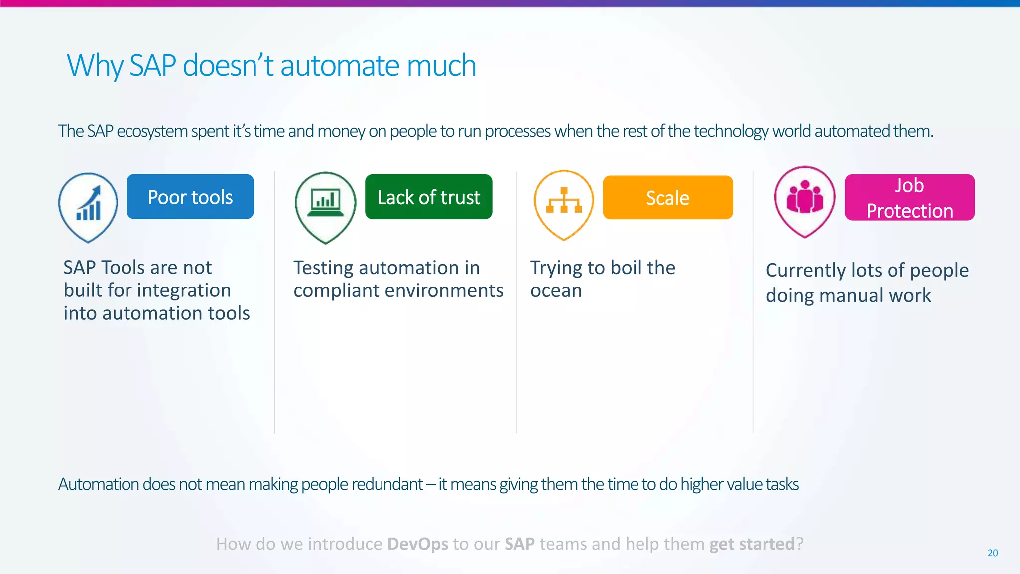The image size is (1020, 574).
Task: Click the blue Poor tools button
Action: point(190,197)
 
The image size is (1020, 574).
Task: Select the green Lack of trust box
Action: point(428,197)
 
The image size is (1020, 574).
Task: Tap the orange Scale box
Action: point(667,198)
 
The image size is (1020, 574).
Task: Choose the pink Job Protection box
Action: point(909,198)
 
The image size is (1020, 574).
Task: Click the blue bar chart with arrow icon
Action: point(89,204)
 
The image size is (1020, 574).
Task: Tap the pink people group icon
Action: point(804,198)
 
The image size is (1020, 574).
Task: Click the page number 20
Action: point(993,553)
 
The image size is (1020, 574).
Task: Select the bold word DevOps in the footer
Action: point(417,544)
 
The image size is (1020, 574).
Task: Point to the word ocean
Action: point(556,291)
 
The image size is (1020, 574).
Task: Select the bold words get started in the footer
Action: point(752,544)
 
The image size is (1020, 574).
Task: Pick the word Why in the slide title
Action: point(95,66)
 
